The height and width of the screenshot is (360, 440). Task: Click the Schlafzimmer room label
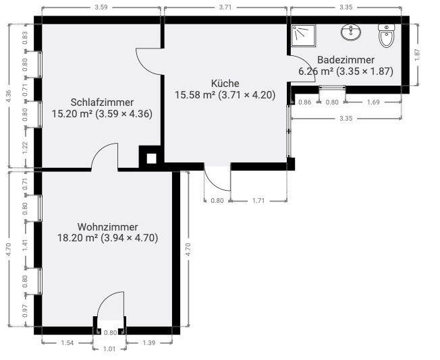102,102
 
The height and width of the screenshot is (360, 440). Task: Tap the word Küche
225,84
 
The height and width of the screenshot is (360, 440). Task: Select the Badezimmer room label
346,60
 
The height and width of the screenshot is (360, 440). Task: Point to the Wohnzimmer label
107,227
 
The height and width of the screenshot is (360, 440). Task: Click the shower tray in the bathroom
304,35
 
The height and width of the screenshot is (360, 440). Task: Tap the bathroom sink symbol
351,32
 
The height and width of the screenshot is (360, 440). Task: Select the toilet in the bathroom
387,35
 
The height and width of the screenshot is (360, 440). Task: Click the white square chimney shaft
152,158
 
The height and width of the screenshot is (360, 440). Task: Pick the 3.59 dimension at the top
101,7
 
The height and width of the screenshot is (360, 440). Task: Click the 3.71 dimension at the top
225,7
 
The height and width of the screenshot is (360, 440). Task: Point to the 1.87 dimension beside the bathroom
417,55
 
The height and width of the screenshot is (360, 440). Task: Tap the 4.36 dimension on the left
9,96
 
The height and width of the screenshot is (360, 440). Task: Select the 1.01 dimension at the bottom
109,349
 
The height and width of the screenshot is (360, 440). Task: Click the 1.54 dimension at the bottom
67,343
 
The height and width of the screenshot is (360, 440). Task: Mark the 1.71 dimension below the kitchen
258,201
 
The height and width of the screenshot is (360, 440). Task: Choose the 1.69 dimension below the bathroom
373,102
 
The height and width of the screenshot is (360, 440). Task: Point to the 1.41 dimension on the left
25,245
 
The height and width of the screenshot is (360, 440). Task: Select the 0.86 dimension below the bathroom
305,102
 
